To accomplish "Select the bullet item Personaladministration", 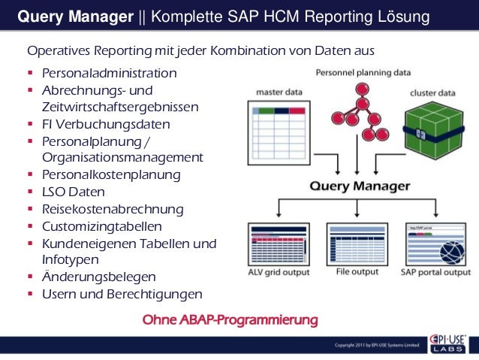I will pyautogui.click(x=110, y=74).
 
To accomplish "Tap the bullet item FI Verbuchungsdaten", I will pyautogui.click(x=106, y=124).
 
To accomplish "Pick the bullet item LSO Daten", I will pyautogui.click(x=74, y=192).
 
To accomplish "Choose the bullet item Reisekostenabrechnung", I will pyautogui.click(x=113, y=209).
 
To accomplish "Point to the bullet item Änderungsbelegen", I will pyautogui.click(x=99, y=277).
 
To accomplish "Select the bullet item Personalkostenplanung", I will pyautogui.click(x=111, y=175).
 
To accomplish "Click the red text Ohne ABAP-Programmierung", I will pyautogui.click(x=230, y=321).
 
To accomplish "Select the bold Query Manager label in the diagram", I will pyautogui.click(x=361, y=185).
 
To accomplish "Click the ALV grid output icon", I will pyautogui.click(x=279, y=241).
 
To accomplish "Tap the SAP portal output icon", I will pyautogui.click(x=435, y=241).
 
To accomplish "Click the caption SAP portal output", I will pyautogui.click(x=435, y=272).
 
